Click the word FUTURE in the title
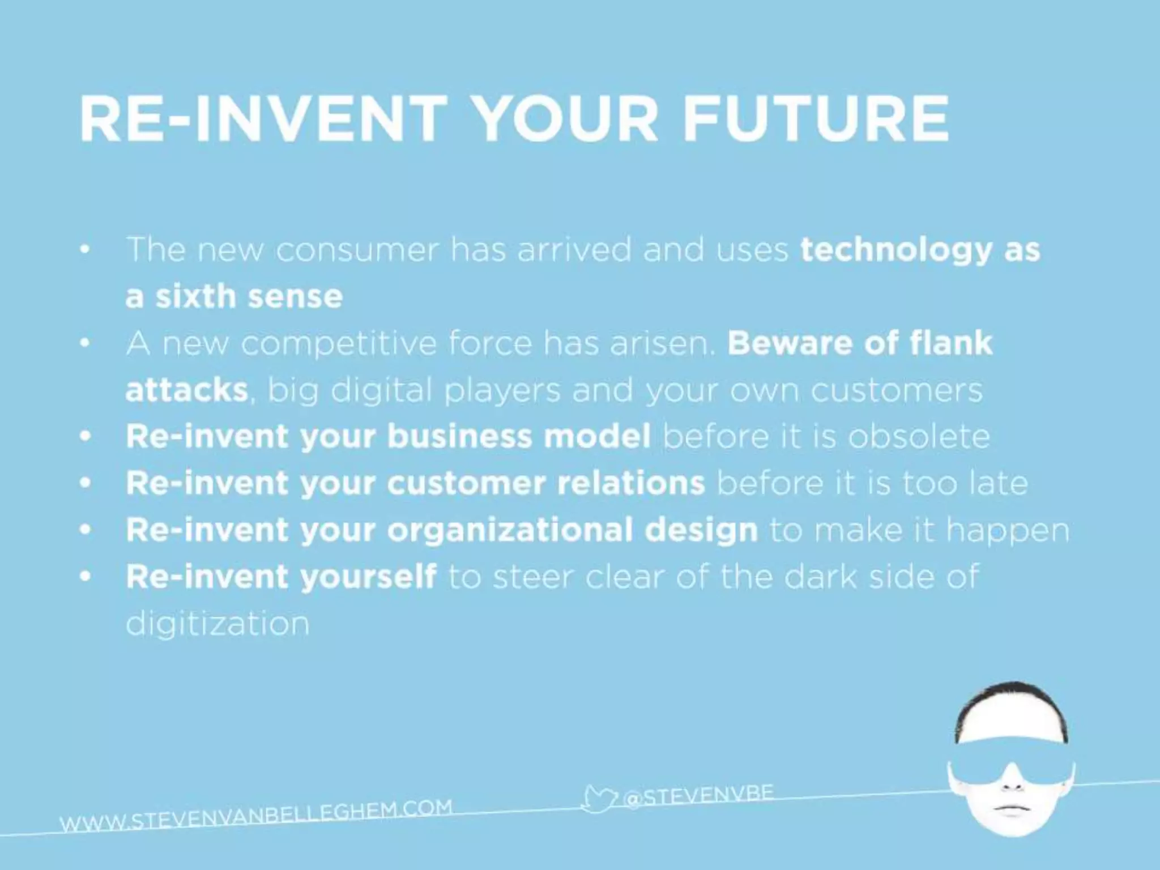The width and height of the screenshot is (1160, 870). [816, 119]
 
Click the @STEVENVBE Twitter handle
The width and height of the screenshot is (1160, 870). [699, 795]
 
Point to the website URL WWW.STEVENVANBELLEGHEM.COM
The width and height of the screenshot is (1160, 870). [256, 816]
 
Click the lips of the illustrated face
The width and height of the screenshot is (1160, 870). [1012, 809]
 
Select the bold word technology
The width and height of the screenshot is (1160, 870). [895, 251]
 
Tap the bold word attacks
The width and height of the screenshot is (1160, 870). [186, 390]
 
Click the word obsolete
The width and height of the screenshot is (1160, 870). [919, 436]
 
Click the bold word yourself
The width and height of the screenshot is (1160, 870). [368, 577]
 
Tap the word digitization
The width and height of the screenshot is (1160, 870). [217, 624]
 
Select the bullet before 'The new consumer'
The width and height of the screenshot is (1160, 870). [85, 250]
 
